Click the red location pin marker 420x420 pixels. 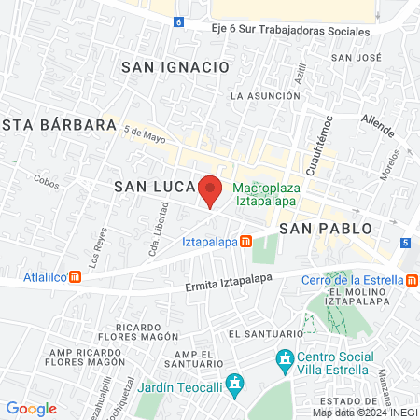[211, 190]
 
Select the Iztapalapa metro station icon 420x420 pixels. [245, 242]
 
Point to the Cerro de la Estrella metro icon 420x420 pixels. [413, 279]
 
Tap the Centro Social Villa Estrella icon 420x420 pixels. [282, 357]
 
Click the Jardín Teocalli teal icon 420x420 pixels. [236, 383]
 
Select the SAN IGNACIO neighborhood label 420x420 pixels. [175, 67]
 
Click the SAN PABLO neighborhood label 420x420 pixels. [325, 228]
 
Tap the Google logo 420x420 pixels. [31, 409]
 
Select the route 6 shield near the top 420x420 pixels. [178, 21]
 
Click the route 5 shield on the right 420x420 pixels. [405, 244]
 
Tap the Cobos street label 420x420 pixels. [46, 181]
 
